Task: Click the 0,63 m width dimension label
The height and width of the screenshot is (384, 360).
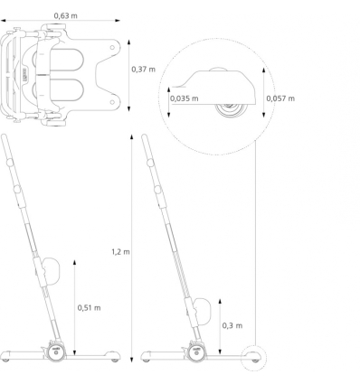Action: click(65, 16)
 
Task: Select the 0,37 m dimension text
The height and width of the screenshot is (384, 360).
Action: click(143, 70)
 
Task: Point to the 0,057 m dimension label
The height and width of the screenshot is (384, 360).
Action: click(283, 98)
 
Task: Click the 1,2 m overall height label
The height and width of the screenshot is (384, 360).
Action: click(121, 251)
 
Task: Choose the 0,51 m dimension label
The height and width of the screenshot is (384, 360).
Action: click(89, 307)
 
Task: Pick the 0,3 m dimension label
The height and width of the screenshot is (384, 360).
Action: click(232, 325)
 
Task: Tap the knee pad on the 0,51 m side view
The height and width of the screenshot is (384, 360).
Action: click(50, 269)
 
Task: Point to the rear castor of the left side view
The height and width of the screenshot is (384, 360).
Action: click(114, 359)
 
